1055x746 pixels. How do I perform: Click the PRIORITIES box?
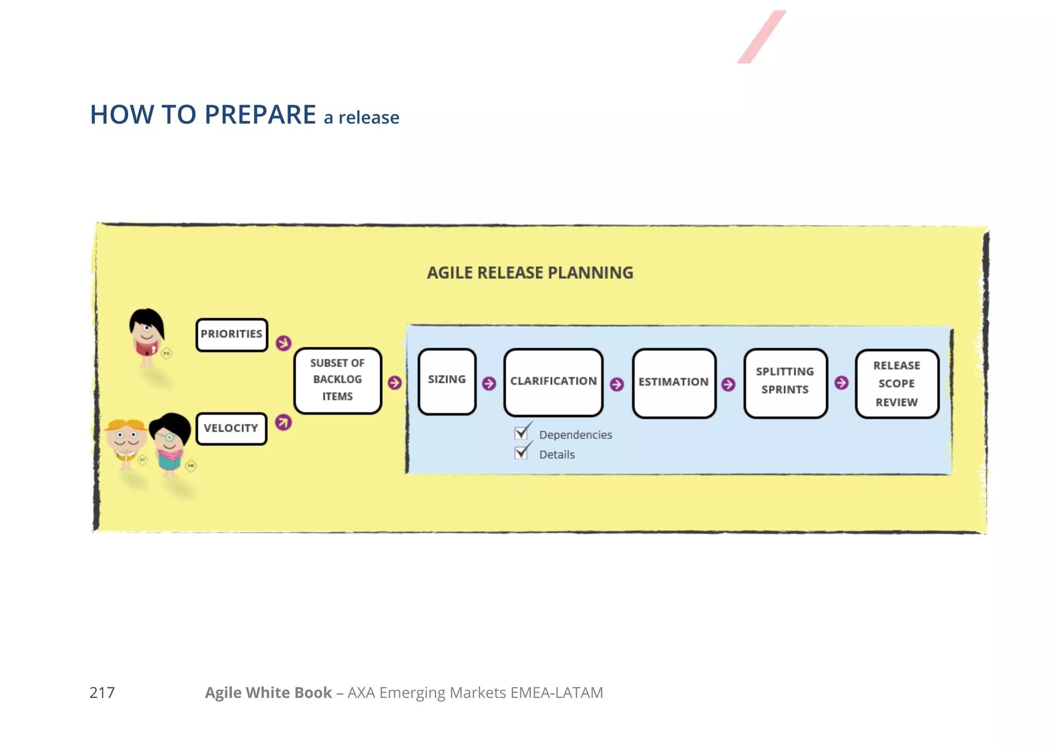pyautogui.click(x=231, y=335)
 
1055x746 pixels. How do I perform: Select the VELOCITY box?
pyautogui.click(x=231, y=429)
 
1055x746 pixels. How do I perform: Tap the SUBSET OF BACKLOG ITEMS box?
pyautogui.click(x=337, y=380)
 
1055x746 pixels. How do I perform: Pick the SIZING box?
pyautogui.click(x=447, y=381)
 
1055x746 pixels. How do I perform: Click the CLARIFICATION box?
pyautogui.click(x=553, y=382)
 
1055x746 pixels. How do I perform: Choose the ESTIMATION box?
pyautogui.click(x=674, y=383)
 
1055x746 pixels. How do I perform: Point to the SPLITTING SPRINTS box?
pyautogui.click(x=785, y=382)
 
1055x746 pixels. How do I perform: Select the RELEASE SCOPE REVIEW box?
pyautogui.click(x=897, y=384)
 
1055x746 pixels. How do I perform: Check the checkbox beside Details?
pyautogui.click(x=521, y=452)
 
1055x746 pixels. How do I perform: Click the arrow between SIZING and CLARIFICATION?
pyautogui.click(x=489, y=383)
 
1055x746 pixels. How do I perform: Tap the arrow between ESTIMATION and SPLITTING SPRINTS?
pyautogui.click(x=728, y=384)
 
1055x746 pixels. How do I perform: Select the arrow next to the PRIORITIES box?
pyautogui.click(x=283, y=343)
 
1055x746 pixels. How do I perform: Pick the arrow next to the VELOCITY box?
pyautogui.click(x=283, y=422)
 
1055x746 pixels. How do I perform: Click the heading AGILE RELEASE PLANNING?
pyautogui.click(x=530, y=273)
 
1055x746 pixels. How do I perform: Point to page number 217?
pyautogui.click(x=102, y=692)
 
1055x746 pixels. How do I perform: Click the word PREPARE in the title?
pyautogui.click(x=260, y=114)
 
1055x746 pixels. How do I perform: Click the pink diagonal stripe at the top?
pyautogui.click(x=761, y=37)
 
